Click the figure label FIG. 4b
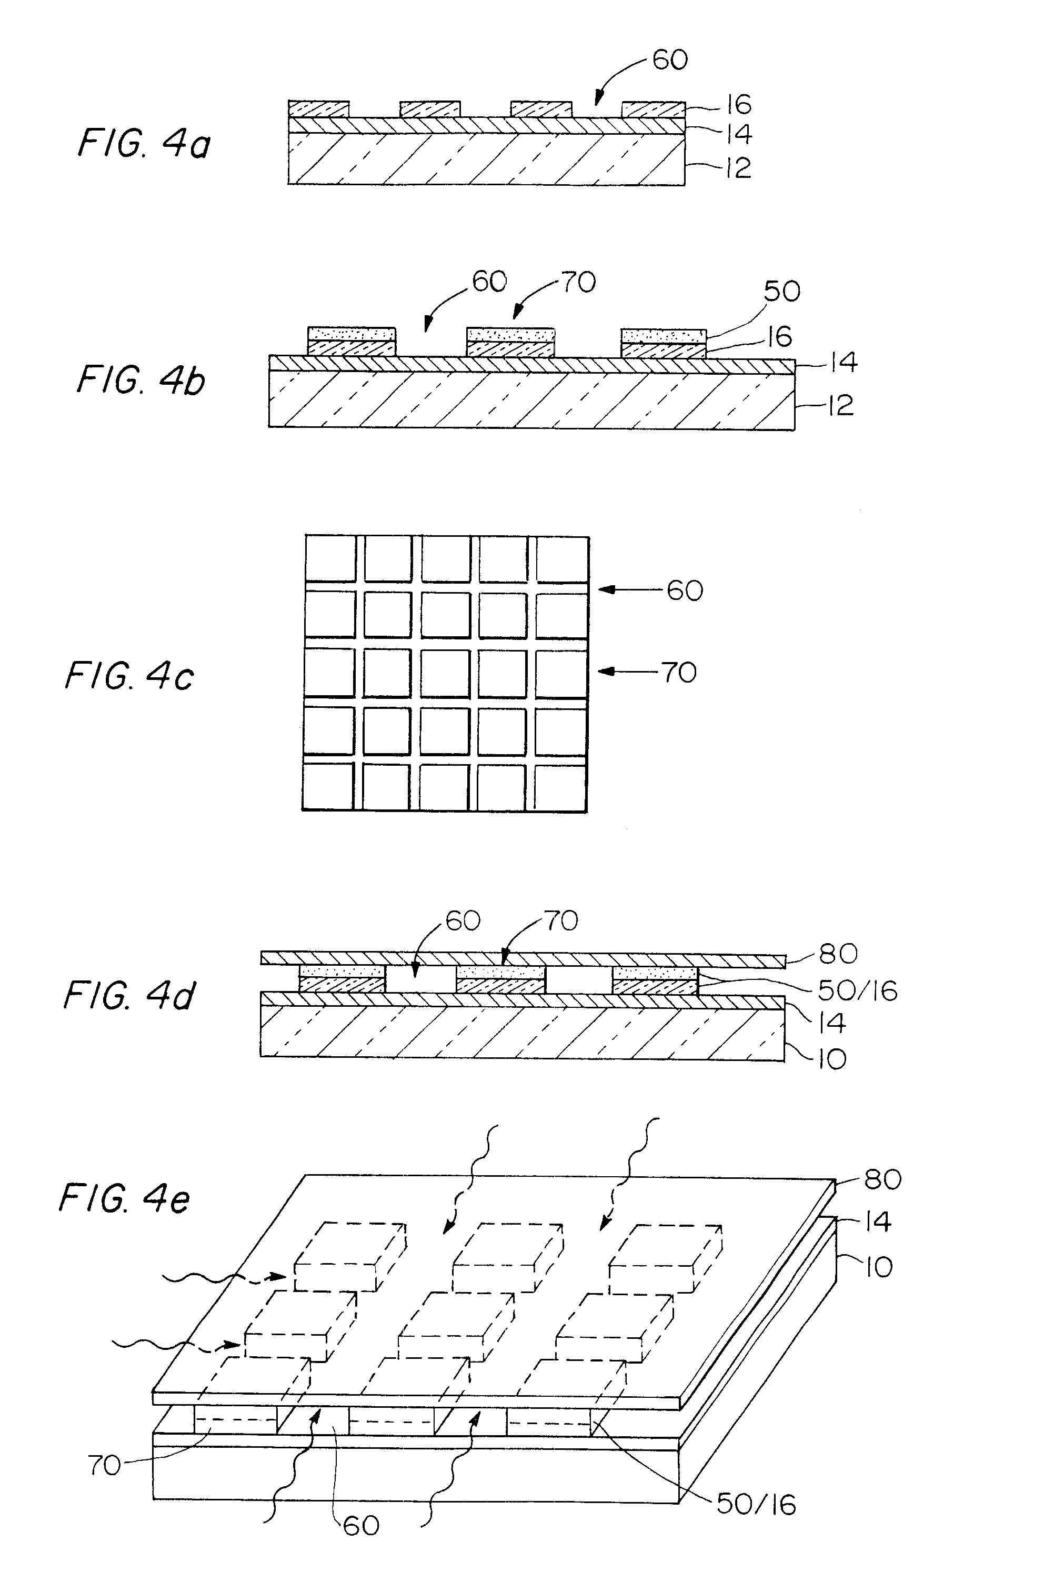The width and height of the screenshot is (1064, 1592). tap(141, 380)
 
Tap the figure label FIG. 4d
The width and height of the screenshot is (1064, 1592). tap(129, 996)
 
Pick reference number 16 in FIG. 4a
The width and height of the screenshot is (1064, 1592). tap(738, 105)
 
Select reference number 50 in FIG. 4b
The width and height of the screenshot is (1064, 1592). tap(782, 291)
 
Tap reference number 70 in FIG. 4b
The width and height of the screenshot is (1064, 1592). tap(578, 282)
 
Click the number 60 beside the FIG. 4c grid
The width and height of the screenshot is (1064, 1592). tap(685, 590)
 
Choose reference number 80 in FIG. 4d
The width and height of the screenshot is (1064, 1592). tap(839, 954)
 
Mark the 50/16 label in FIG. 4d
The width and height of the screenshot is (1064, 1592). tap(858, 991)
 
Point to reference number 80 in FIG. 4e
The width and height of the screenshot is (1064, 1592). tap(882, 1179)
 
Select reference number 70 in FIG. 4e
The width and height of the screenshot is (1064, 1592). tap(104, 1466)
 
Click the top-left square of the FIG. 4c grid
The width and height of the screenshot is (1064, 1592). tap(330, 558)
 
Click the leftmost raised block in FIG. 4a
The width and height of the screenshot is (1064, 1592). tap(319, 108)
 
